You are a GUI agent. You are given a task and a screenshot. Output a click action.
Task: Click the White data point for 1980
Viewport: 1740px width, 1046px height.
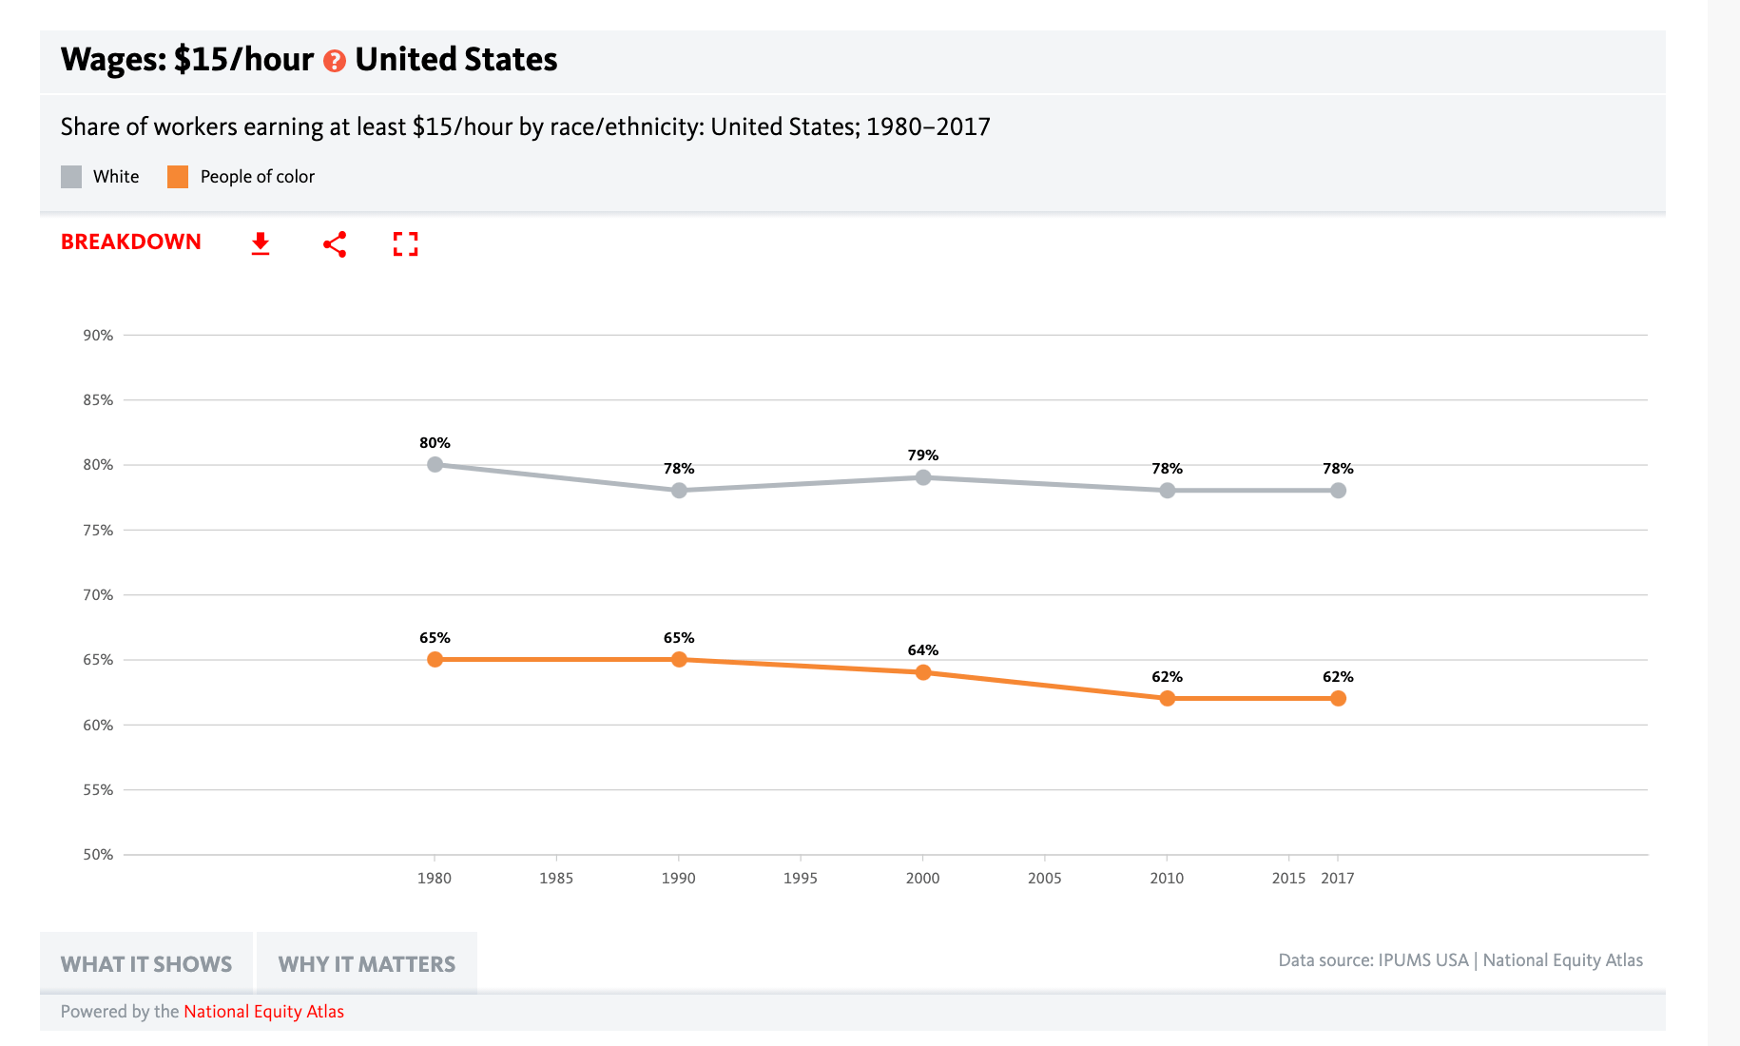coord(435,465)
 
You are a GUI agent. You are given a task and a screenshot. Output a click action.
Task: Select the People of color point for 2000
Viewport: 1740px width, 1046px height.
coord(922,672)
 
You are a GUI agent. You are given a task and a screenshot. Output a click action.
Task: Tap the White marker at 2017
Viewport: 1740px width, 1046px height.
coord(1338,491)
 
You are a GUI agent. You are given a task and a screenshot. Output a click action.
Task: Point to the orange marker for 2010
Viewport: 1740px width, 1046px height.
coord(1167,699)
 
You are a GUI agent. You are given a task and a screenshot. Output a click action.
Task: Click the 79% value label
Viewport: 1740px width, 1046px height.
coord(922,455)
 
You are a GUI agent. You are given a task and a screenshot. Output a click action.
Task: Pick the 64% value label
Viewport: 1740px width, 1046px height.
coord(922,650)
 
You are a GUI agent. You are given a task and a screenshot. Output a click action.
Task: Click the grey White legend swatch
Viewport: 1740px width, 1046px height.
coord(71,177)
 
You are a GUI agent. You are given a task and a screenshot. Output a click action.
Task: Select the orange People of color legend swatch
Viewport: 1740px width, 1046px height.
coord(178,177)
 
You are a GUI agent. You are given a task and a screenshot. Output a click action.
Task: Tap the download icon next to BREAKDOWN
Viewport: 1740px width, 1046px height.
coord(261,244)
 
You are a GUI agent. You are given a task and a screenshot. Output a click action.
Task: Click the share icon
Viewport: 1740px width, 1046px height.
coord(335,244)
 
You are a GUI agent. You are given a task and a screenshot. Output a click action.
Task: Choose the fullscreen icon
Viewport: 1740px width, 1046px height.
coord(406,244)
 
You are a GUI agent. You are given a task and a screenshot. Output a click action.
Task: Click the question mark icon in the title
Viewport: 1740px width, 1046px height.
coord(334,62)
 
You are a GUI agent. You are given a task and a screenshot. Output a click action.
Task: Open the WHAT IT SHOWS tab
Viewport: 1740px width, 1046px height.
coord(146,964)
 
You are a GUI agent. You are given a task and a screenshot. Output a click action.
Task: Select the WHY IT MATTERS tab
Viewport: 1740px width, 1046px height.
coord(367,964)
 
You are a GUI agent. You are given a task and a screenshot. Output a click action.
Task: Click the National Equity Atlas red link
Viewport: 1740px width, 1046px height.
coord(263,1012)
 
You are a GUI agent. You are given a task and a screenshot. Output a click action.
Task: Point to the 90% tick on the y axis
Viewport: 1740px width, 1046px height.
coord(98,336)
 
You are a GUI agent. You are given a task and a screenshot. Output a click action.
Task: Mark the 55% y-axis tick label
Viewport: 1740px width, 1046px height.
coord(98,790)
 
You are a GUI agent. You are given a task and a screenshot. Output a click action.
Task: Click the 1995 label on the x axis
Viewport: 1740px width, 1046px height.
coord(800,879)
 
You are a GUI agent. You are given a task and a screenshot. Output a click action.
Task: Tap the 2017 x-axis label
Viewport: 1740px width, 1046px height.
coord(1337,879)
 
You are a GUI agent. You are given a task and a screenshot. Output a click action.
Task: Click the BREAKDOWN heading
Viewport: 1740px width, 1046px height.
coord(131,242)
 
